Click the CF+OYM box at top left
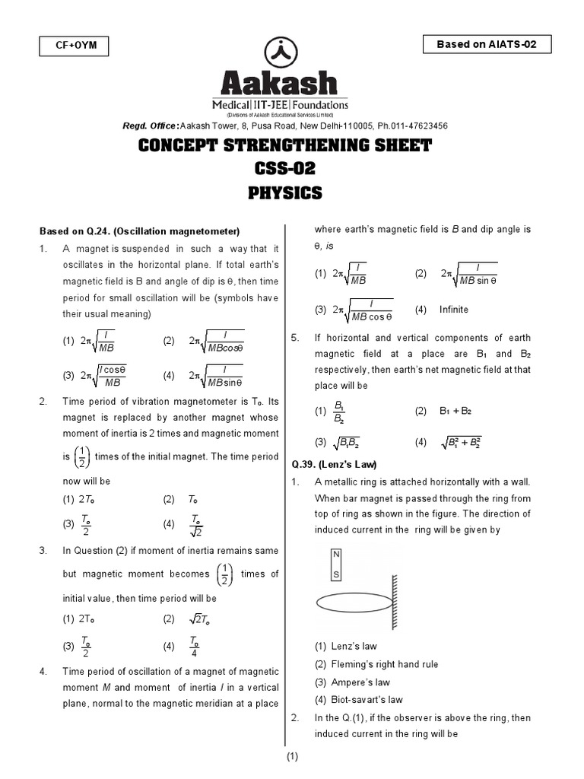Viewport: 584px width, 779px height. click(73, 46)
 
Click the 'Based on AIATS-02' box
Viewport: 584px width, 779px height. click(487, 45)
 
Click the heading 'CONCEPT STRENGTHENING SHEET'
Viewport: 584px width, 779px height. click(285, 146)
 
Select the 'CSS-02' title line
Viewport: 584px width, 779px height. click(285, 169)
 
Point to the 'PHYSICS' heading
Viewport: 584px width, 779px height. click(285, 193)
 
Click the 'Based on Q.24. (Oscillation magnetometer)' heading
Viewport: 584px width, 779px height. click(140, 231)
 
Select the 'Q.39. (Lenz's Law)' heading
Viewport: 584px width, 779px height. click(335, 464)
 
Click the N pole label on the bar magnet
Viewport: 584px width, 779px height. click(336, 554)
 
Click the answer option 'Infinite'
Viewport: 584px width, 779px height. click(453, 310)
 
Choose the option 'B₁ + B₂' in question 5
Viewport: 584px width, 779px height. click(455, 411)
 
